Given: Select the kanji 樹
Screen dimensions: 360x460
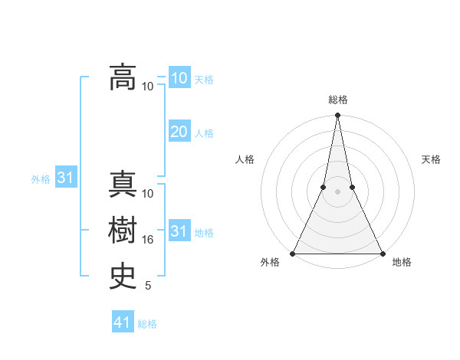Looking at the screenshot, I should pyautogui.click(x=123, y=229).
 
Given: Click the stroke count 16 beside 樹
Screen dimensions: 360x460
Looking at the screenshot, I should pyautogui.click(x=148, y=240).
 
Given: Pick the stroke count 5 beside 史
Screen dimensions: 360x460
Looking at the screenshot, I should pyautogui.click(x=148, y=286).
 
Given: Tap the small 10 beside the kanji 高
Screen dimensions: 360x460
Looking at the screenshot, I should pyautogui.click(x=148, y=86).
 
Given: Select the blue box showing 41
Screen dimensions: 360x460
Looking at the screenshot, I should pyautogui.click(x=123, y=322).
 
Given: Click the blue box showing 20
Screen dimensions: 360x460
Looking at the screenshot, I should pyautogui.click(x=179, y=132).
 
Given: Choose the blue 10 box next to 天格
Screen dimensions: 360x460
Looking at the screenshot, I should pyautogui.click(x=179, y=78).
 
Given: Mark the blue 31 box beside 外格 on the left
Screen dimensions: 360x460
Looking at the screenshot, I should pyautogui.click(x=65, y=178).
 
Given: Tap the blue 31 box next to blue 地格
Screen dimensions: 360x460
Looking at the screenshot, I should pyautogui.click(x=179, y=231).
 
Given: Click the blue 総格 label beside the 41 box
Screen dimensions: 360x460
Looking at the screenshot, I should pyautogui.click(x=147, y=324).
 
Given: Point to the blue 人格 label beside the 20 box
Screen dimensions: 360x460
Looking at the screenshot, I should pyautogui.click(x=204, y=133).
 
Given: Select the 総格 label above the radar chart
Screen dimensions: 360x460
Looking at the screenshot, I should pyautogui.click(x=337, y=100).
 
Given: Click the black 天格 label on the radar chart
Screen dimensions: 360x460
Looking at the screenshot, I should pyautogui.click(x=431, y=159).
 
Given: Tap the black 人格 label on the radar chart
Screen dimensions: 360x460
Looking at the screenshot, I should pyautogui.click(x=245, y=159).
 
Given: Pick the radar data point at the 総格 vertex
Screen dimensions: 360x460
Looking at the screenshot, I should pyautogui.click(x=337, y=116).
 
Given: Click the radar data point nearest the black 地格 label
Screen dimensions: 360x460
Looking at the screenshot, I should pyautogui.click(x=382, y=254).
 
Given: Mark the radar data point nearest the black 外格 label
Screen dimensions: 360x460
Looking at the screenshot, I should pyautogui.click(x=293, y=254).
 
